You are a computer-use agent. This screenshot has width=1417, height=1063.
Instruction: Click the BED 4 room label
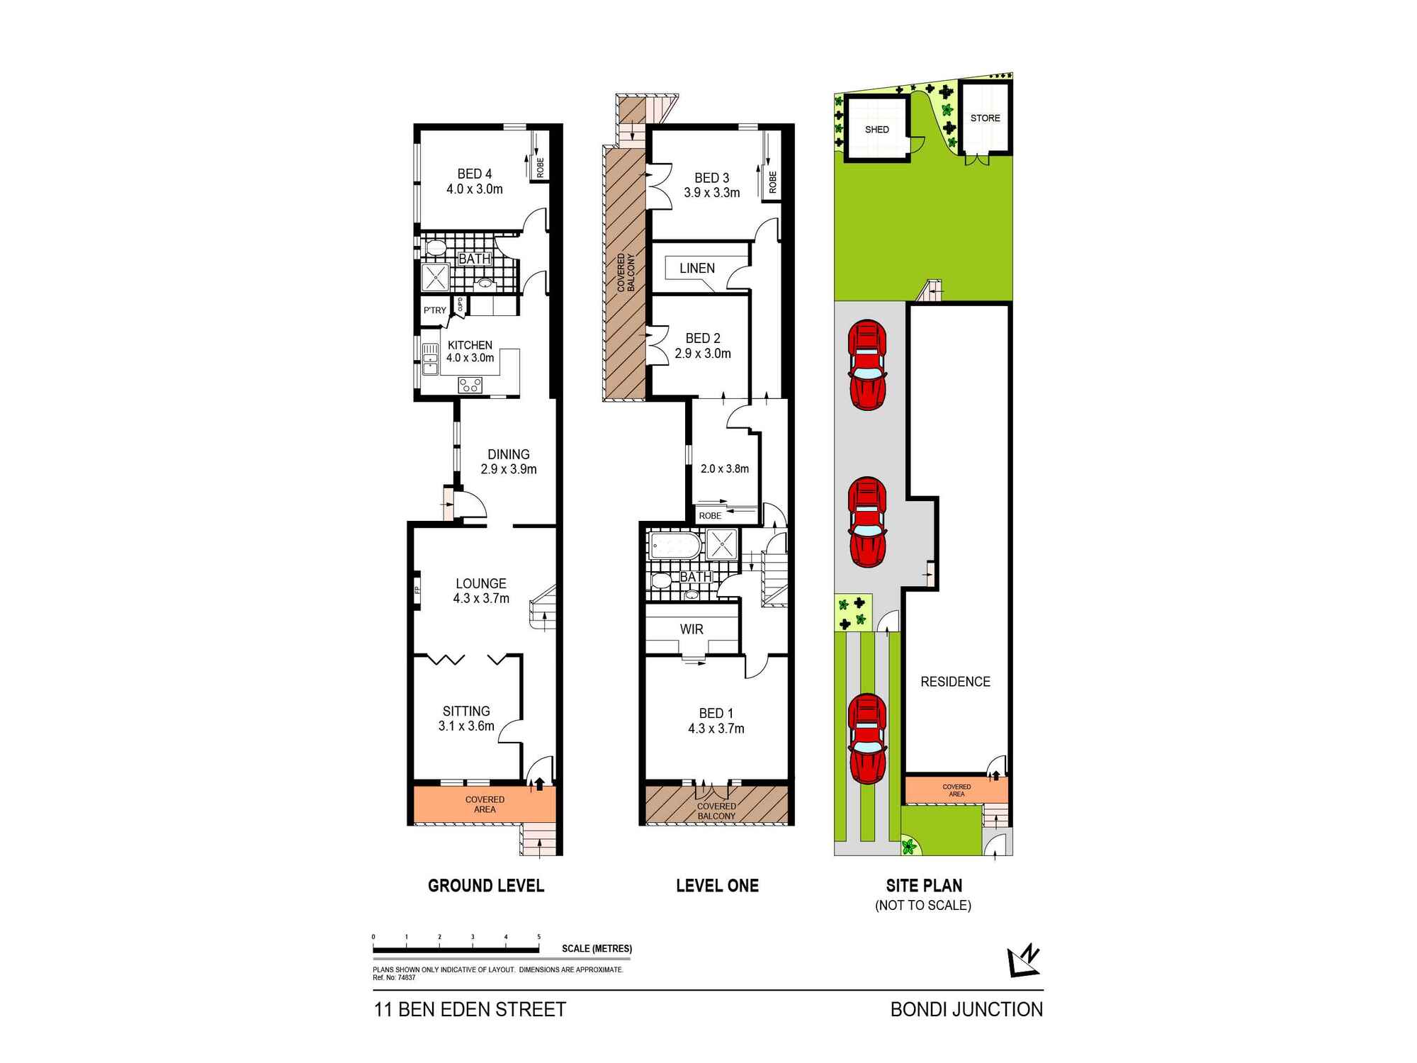pos(474,174)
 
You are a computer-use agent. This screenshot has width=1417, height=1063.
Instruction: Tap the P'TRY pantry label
pos(434,310)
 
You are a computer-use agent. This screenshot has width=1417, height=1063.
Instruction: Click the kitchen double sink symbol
pos(430,359)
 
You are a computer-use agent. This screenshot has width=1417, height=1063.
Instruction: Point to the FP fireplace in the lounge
pos(417,589)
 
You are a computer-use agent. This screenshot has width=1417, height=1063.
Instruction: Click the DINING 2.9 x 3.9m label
pos(508,461)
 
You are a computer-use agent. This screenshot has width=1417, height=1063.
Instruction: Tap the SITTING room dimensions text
pos(466,726)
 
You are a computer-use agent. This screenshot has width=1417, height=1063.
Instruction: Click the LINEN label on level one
pos(696,268)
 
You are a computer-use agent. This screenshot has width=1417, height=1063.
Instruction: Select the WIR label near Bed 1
pos(691,629)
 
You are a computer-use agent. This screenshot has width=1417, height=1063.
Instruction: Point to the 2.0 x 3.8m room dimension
pos(724,468)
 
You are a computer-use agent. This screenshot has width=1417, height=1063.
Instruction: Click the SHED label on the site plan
pos(876,130)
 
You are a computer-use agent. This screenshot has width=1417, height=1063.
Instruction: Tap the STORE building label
pos(985,118)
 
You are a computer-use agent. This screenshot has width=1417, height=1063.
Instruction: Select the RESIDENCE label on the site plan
pos(955,682)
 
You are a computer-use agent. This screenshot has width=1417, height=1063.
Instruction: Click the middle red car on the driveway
pos(868,522)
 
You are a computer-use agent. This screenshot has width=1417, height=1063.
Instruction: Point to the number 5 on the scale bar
pos(539,937)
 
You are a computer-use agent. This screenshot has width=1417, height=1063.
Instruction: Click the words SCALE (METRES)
pos(597,949)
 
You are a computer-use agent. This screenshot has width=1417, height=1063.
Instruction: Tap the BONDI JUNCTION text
pos(966,1010)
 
